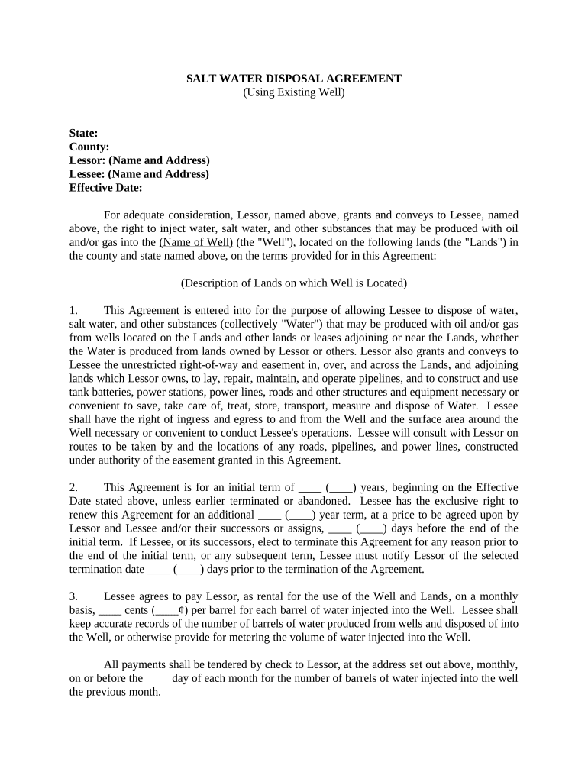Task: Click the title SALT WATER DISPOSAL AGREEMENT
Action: [x=294, y=79]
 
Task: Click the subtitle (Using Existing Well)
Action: [x=294, y=92]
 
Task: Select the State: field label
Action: [x=83, y=133]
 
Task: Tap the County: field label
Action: [x=89, y=147]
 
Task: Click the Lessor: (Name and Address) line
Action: [x=139, y=160]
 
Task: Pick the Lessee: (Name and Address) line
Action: [x=139, y=174]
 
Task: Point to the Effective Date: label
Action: [x=105, y=188]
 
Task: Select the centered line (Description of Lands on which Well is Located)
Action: [x=294, y=283]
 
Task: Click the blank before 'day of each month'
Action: [x=157, y=678]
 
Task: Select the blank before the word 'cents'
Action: [x=110, y=610]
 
